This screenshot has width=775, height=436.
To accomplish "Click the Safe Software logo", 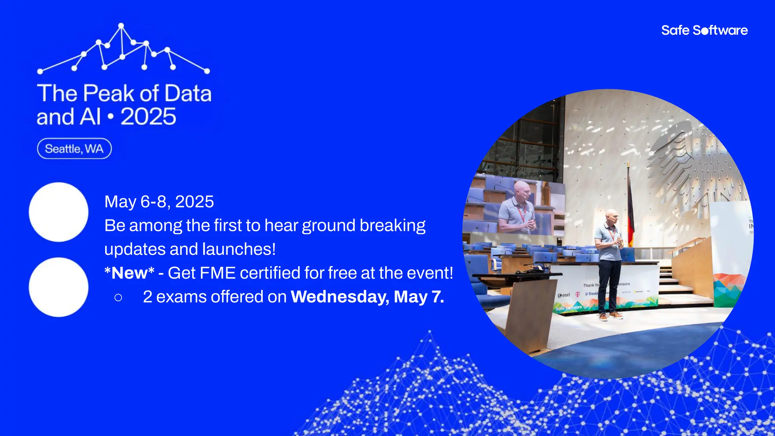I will pos(704,30).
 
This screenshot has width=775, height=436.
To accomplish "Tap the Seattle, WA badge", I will pos(74,149).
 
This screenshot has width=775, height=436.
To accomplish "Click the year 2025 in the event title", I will pos(148,117).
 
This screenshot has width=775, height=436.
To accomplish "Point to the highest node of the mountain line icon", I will pos(121,26).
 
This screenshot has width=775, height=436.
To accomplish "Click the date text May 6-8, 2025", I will pos(159,202).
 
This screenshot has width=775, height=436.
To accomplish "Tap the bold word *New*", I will pos(129,273).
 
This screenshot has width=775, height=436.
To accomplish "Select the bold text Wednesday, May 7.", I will pos(367,297).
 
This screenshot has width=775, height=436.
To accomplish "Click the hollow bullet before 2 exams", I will pos(118,297).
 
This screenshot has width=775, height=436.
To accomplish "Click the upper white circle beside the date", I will pos(59,212).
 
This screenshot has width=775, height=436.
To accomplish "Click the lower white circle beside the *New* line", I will pos(59,287).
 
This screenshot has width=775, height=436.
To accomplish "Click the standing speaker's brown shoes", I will pos(610,316).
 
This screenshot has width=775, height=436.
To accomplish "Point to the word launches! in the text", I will pos(239,249).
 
